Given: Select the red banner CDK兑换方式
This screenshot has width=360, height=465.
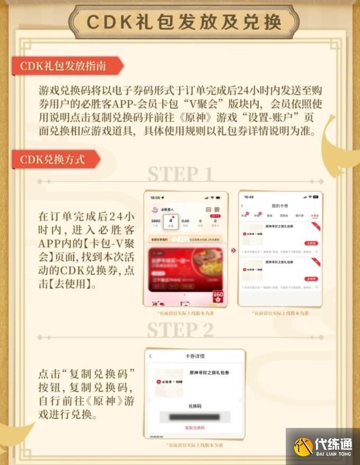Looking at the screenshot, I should [x=52, y=159].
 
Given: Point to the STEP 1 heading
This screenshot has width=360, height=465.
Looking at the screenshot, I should [x=180, y=174].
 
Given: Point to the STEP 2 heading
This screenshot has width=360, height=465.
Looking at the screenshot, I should [x=180, y=330].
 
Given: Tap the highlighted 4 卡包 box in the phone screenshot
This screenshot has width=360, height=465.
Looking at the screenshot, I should [x=170, y=222].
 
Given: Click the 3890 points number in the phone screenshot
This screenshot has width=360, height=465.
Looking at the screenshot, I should [x=155, y=221].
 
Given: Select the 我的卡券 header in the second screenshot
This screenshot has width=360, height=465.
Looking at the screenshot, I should [x=279, y=205].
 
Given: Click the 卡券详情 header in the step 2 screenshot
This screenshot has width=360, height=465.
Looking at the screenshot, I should [x=195, y=356].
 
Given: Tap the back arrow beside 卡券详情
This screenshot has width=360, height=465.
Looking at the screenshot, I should [x=151, y=356].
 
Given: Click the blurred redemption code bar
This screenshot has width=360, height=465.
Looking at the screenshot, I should [x=195, y=417].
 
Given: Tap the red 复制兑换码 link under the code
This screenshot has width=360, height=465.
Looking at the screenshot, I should [x=195, y=427].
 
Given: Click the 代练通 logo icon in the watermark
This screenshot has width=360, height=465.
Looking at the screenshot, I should [x=304, y=447].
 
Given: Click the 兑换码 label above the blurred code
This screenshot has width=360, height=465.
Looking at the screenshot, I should [x=195, y=406].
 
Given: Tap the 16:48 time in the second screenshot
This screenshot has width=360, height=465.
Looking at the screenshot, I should [x=249, y=197].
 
